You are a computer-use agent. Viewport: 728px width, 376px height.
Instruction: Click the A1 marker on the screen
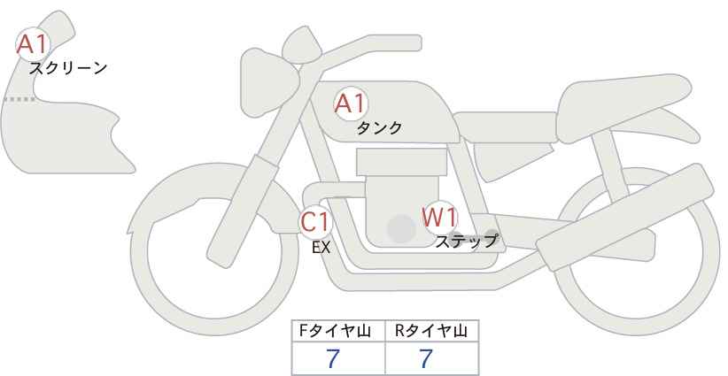tap(35, 44)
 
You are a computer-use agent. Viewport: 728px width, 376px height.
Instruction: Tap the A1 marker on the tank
tap(350, 104)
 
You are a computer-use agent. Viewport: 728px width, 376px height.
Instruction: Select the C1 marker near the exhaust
tap(315, 221)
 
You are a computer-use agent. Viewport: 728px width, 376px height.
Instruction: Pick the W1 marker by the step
tap(438, 217)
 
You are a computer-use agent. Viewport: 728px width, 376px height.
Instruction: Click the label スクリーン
tap(68, 68)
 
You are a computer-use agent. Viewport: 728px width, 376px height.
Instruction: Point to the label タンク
tap(379, 127)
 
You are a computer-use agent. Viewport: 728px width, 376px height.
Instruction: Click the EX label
tap(321, 248)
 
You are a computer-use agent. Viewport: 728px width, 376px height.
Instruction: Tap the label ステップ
tap(466, 241)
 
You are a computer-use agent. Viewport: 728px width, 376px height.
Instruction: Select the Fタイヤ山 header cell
tap(339, 332)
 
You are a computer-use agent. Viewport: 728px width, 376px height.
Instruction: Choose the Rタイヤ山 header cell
tap(431, 332)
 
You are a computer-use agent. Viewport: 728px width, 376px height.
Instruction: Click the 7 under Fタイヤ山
tap(333, 358)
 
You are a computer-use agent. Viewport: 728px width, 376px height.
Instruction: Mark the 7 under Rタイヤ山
tap(426, 358)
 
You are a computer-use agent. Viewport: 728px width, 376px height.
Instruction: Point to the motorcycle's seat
tap(620, 97)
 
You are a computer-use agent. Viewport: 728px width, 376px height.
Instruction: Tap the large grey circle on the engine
tap(401, 230)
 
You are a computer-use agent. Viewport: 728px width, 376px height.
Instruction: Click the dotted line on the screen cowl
tap(19, 99)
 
